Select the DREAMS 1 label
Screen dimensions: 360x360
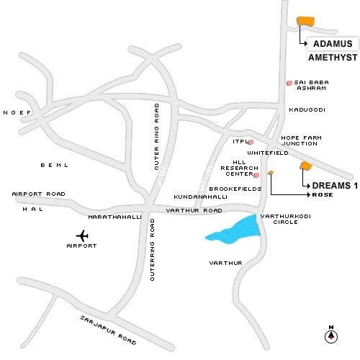tap(334, 186)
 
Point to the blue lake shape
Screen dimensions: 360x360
tap(233, 228)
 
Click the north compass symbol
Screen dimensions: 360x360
tap(330, 334)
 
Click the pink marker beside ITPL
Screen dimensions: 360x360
tap(251, 143)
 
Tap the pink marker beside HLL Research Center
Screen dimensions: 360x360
tap(256, 174)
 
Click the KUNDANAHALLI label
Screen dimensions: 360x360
tap(196, 196)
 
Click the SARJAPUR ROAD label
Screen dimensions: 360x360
tap(108, 328)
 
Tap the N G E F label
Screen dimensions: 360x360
tap(18, 112)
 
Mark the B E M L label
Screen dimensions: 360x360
tap(54, 165)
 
